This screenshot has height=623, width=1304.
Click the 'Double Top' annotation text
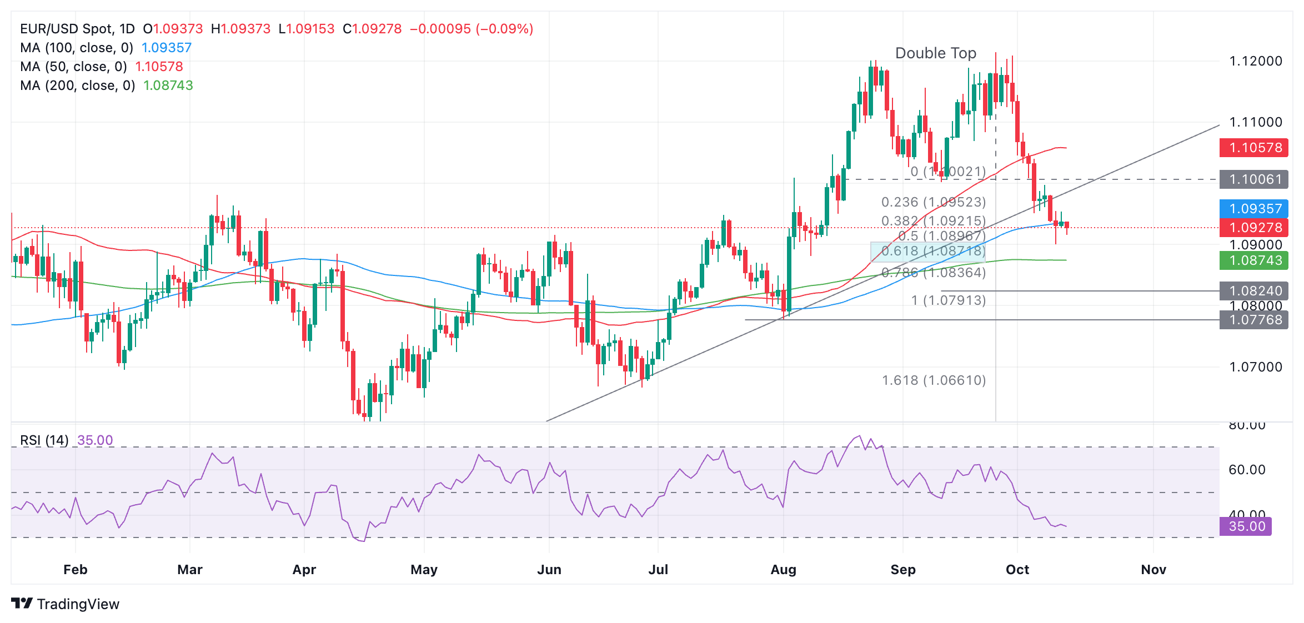[935, 53]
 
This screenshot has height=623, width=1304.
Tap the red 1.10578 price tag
[1253, 148]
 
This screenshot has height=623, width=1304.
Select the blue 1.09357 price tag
[1253, 209]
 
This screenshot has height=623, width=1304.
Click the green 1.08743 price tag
[1253, 260]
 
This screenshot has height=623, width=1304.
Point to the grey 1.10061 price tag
[1253, 179]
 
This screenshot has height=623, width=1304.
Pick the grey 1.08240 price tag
[1253, 291]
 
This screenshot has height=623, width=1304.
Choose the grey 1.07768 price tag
[1253, 320]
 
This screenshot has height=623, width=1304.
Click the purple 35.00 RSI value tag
[1246, 526]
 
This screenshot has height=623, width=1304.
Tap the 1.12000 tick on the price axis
[1255, 61]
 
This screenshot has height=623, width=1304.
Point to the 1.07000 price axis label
[1255, 367]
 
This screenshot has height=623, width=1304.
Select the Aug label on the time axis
[783, 570]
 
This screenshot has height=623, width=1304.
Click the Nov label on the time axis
[1153, 570]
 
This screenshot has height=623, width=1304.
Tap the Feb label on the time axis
[76, 570]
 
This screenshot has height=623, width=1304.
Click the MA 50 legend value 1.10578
[159, 67]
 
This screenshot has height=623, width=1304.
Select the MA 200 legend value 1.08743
[168, 86]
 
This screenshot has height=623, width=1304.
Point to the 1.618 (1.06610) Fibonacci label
[934, 380]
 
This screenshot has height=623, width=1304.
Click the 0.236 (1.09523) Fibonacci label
[934, 202]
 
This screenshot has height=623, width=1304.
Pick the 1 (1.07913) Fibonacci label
[948, 300]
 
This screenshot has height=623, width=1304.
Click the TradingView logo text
[78, 604]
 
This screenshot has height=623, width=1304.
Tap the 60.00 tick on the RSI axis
[1246, 470]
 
